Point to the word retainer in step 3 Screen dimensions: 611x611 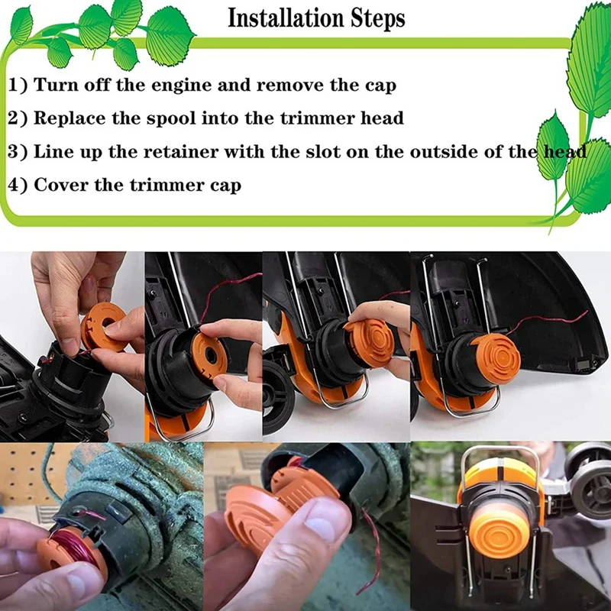[x=182, y=151]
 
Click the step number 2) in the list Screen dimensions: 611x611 [x=18, y=118]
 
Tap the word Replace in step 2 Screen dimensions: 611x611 [x=70, y=118]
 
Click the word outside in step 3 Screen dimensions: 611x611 [x=444, y=151]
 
